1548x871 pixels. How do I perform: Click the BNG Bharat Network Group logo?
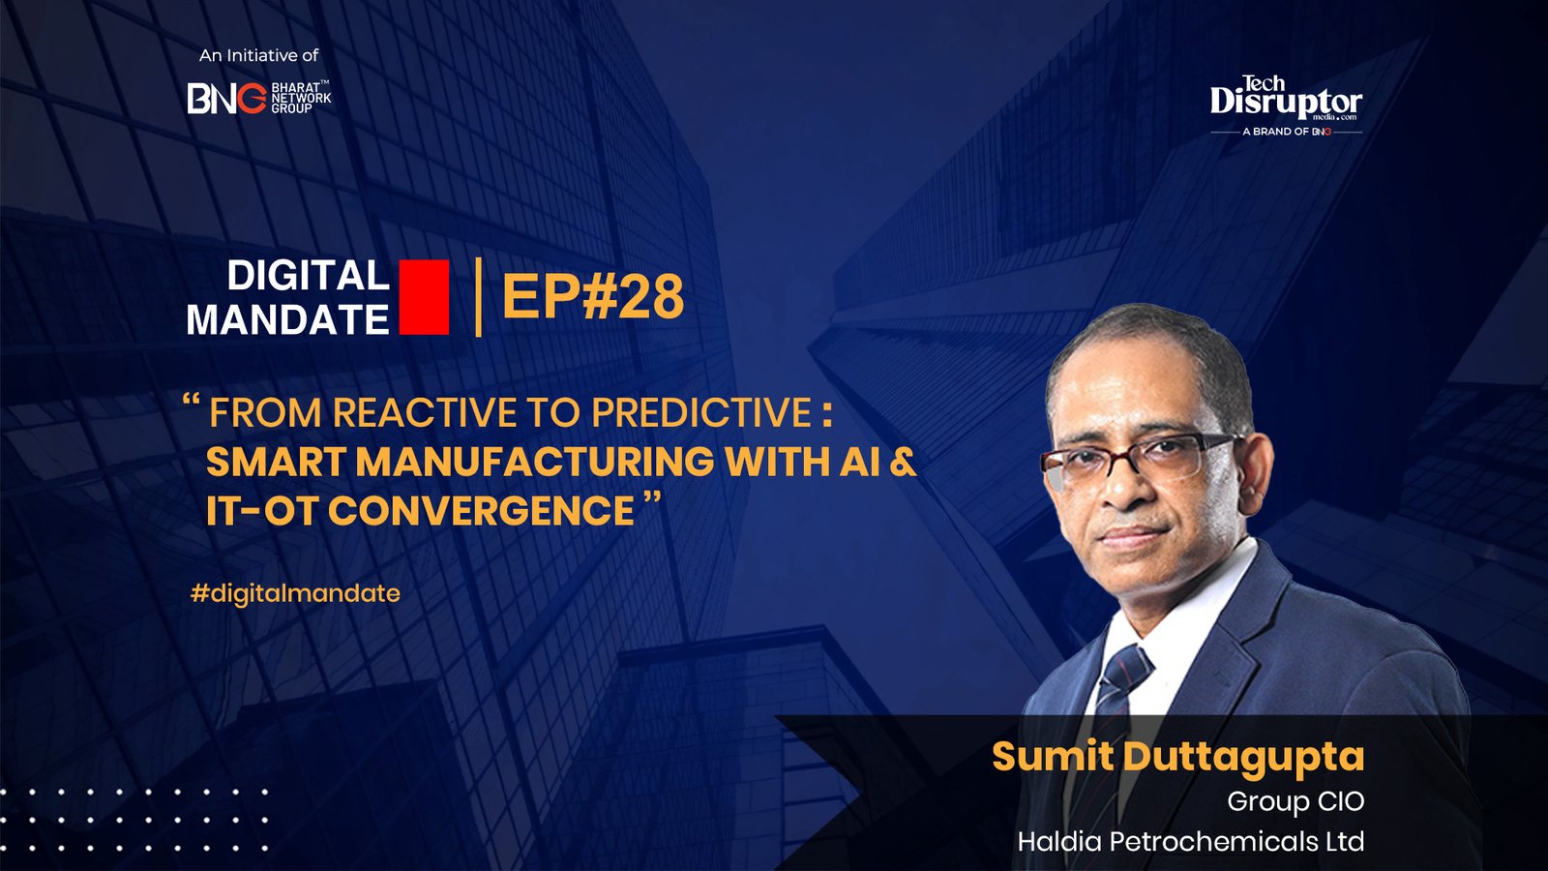pyautogui.click(x=258, y=98)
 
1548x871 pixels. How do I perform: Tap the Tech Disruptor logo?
pyautogui.click(x=1286, y=100)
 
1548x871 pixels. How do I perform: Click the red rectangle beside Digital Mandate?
pyautogui.click(x=424, y=297)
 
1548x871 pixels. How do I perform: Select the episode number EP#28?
pyautogui.click(x=592, y=296)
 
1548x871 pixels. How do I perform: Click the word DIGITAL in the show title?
pyautogui.click(x=308, y=276)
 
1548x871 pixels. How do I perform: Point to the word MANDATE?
pyautogui.click(x=287, y=320)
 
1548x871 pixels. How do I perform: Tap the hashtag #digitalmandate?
pyautogui.click(x=295, y=592)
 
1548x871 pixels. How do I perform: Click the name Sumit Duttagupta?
pyautogui.click(x=1177, y=757)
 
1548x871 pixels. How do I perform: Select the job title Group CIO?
pyautogui.click(x=1295, y=801)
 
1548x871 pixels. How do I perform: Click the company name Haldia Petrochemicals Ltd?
pyautogui.click(x=1190, y=841)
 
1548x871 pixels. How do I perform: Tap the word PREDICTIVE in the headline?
pyautogui.click(x=701, y=413)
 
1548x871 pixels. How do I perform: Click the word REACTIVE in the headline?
pyautogui.click(x=427, y=413)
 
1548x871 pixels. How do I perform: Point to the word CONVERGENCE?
pyautogui.click(x=481, y=511)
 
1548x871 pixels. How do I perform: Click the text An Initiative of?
pyautogui.click(x=258, y=56)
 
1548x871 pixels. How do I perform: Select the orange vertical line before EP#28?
pyautogui.click(x=479, y=296)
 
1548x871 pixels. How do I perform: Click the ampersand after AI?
pyautogui.click(x=902, y=462)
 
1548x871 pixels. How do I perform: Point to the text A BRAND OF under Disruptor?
pyautogui.click(x=1275, y=132)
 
